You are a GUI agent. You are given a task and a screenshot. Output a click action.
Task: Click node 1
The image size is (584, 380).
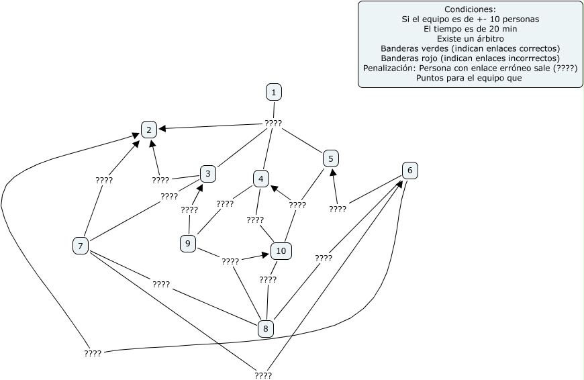pyautogui.click(x=274, y=93)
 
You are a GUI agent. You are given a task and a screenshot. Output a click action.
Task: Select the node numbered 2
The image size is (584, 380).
pyautogui.click(x=149, y=130)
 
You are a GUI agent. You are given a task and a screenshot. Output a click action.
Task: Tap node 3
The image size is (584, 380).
pyautogui.click(x=208, y=174)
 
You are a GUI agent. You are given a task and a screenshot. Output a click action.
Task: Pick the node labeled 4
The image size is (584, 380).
pyautogui.click(x=260, y=179)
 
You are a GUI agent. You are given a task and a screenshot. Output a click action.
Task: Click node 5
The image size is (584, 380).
pyautogui.click(x=331, y=158)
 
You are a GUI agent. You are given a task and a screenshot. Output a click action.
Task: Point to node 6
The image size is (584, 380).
pyautogui.click(x=409, y=171)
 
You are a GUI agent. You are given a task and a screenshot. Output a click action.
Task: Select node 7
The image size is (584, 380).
pyautogui.click(x=81, y=246)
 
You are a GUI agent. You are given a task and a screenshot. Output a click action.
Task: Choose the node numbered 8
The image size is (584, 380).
pyautogui.click(x=266, y=328)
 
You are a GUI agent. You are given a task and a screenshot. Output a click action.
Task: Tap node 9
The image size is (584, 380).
pyautogui.click(x=188, y=244)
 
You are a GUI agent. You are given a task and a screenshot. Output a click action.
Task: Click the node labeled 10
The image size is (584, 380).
pyautogui.click(x=281, y=251)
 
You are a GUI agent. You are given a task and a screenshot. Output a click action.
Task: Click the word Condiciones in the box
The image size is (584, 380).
pyautogui.click(x=470, y=9)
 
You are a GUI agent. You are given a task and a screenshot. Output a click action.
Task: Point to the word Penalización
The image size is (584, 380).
pyautogui.click(x=389, y=68)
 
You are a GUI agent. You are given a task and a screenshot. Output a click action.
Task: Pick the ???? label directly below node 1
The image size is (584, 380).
pyautogui.click(x=273, y=124)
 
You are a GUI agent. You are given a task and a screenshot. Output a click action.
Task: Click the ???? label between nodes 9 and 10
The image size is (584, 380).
pyautogui.click(x=230, y=262)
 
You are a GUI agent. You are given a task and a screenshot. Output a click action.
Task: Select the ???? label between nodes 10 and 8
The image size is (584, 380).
pyautogui.click(x=268, y=279)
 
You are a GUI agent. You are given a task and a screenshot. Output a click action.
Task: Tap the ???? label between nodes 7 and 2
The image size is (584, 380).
pyautogui.click(x=104, y=181)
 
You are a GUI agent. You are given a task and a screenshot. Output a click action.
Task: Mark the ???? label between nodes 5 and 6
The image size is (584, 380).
pyautogui.click(x=338, y=209)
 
